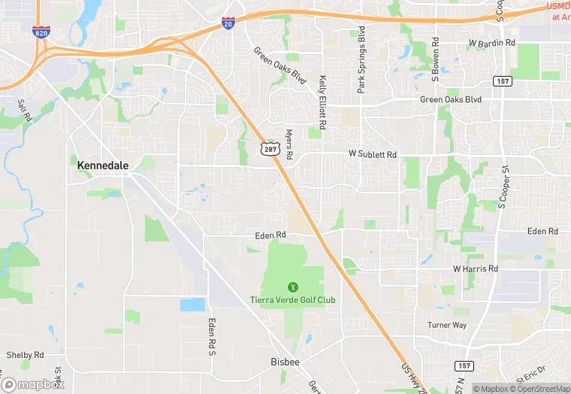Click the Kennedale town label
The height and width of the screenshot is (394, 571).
(x=103, y=164)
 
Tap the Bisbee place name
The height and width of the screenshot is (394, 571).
(x=285, y=362)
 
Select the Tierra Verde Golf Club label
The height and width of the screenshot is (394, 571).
(x=292, y=300)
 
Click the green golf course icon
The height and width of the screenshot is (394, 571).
(x=292, y=286)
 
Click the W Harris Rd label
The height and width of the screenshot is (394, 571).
(x=476, y=268)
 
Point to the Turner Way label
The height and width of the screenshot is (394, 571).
(x=447, y=326)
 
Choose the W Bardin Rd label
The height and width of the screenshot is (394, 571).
(x=492, y=43)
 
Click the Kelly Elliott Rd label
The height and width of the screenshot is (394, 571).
(x=322, y=102)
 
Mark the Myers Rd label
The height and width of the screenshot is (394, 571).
(x=289, y=144)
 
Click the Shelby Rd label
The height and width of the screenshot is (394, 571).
(x=25, y=355)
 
